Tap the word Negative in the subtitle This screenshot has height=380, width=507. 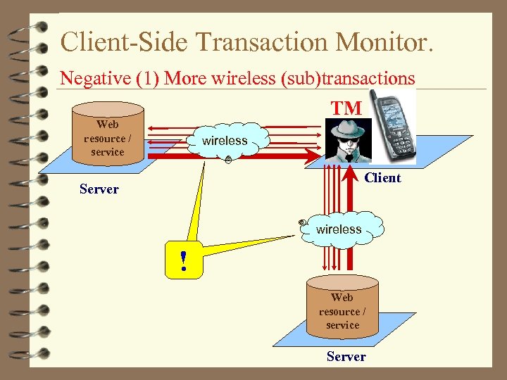[x=87, y=78]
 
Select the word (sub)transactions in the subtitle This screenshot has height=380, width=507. [x=348, y=78]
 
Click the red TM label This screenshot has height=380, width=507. [x=346, y=108]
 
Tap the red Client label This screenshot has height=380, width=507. [x=382, y=178]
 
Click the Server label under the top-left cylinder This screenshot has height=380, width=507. [x=99, y=189]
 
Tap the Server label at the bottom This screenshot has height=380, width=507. [x=346, y=357]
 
